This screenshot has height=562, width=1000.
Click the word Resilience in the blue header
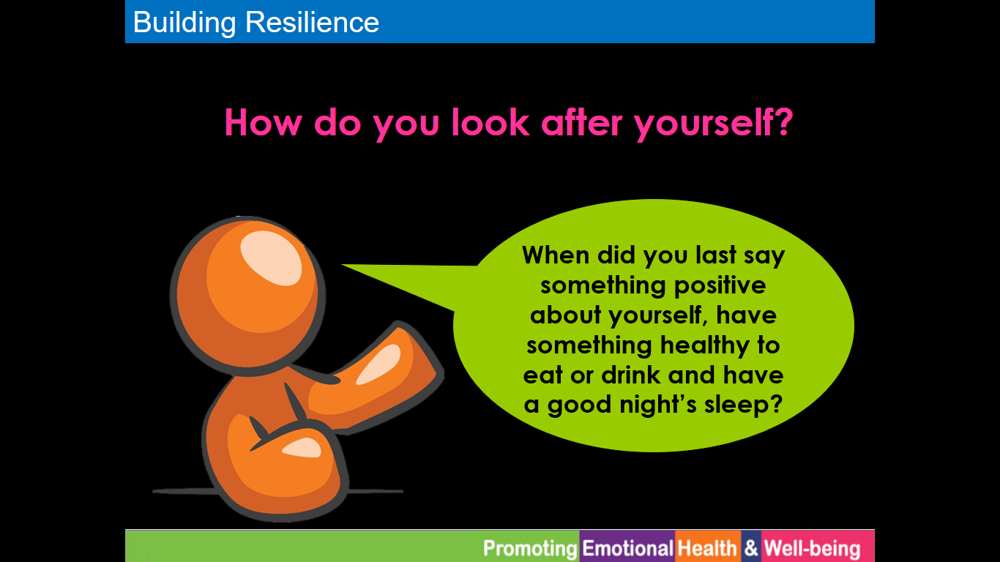pos(312,22)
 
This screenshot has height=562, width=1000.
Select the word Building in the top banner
pos(184,23)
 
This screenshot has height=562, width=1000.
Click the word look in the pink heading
pos(490,122)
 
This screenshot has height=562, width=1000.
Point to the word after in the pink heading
pos(581,122)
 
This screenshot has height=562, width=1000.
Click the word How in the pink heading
pos(263,122)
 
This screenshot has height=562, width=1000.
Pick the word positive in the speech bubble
pos(720,286)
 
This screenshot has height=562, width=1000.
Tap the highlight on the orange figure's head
pos(271,258)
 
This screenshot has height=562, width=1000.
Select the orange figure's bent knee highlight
pos(302,448)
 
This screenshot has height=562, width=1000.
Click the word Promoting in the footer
pos(530,548)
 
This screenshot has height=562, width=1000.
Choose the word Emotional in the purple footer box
pos(627,547)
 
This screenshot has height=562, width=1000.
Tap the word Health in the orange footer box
pos(707,547)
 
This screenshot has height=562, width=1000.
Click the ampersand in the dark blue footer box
pos(751,547)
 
